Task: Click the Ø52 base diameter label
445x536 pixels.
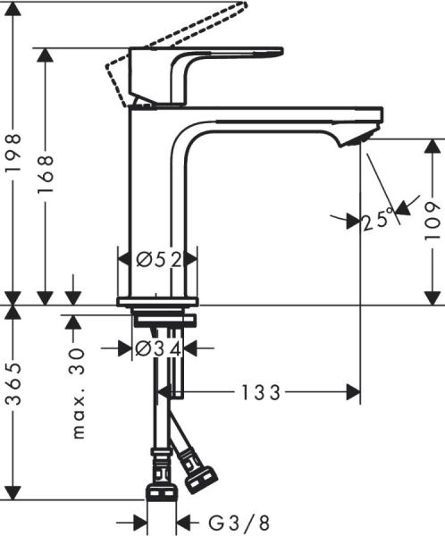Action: point(159,260)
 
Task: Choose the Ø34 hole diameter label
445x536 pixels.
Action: point(158,349)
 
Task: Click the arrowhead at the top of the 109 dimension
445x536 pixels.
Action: point(432,146)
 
